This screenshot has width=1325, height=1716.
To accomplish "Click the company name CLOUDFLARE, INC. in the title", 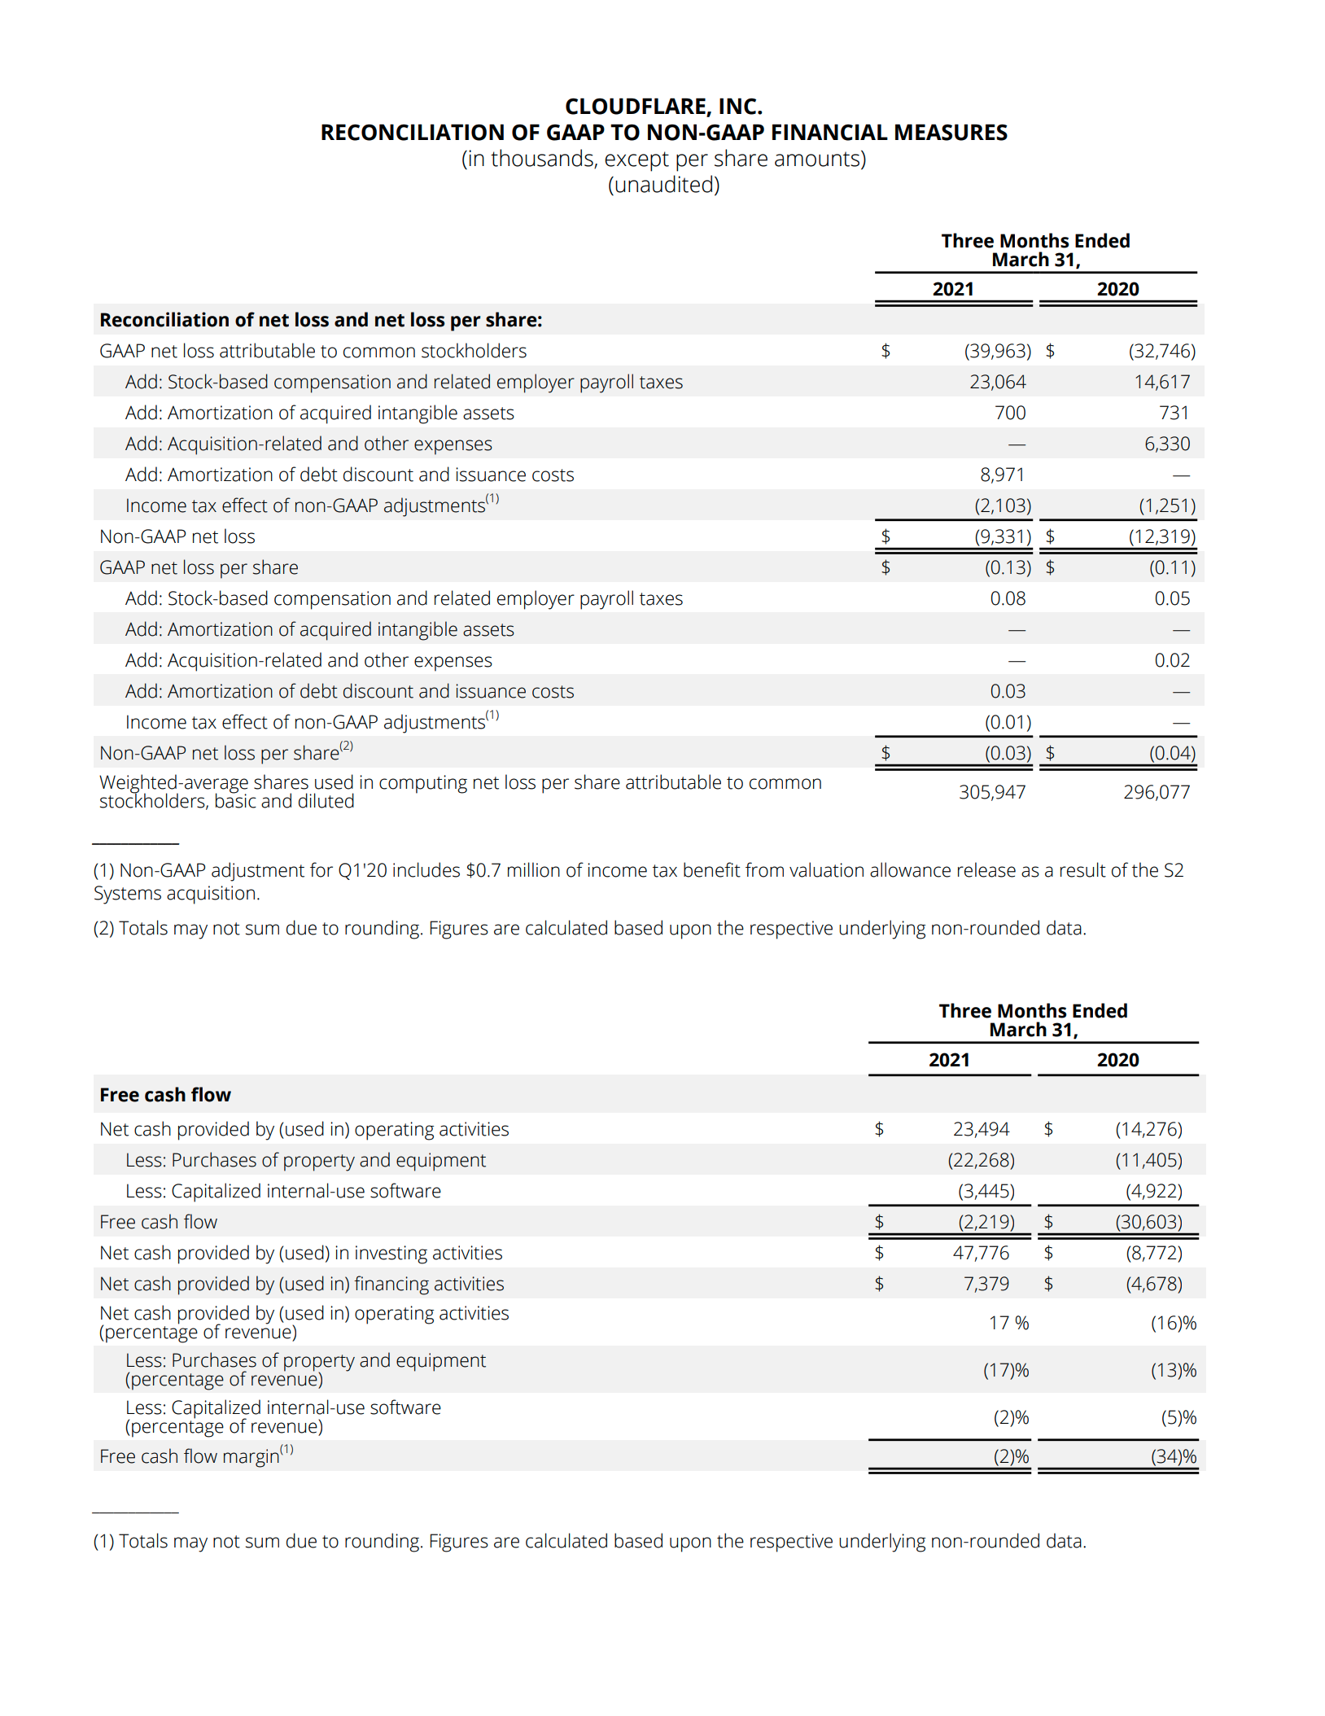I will point(663,107).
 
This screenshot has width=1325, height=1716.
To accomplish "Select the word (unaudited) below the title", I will point(663,185).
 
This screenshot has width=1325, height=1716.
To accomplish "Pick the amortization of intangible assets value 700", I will point(1009,413).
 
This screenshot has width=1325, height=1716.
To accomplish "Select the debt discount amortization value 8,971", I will point(1002,475).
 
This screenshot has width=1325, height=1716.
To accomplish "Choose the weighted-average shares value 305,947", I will point(991,792).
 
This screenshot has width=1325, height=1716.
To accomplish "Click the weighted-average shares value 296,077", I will point(1156,792).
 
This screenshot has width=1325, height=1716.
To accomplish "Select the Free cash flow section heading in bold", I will point(165,1095).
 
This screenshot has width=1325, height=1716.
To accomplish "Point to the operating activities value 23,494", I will point(981,1129).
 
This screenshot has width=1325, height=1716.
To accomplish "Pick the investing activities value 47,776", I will point(981,1253).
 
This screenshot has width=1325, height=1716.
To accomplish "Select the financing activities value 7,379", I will point(986,1284).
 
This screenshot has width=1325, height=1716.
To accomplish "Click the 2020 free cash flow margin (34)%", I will point(1173,1456).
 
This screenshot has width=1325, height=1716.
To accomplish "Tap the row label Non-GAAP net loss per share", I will point(219,753).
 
